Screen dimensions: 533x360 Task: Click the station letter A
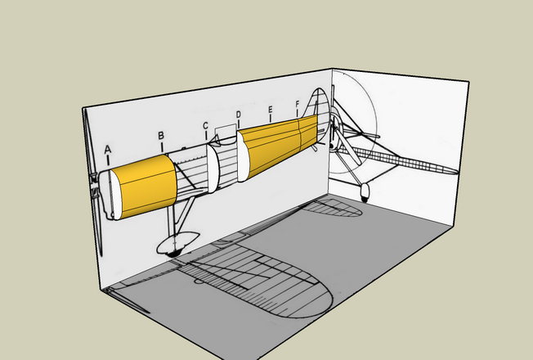(x=108, y=150)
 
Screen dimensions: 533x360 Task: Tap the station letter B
(x=161, y=136)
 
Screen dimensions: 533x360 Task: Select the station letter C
(x=205, y=126)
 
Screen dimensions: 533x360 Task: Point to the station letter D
(x=238, y=115)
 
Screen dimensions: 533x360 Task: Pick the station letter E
(x=271, y=110)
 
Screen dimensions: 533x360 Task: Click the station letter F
(x=298, y=104)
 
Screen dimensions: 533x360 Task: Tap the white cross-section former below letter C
(x=213, y=169)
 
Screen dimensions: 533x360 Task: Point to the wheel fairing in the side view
(x=177, y=242)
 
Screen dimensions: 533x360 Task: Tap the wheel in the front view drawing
(x=365, y=192)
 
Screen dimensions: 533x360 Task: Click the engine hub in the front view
(x=335, y=128)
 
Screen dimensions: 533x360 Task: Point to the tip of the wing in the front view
(x=457, y=171)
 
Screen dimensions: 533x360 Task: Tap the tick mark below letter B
(x=162, y=147)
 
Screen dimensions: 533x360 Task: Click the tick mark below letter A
(x=108, y=160)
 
